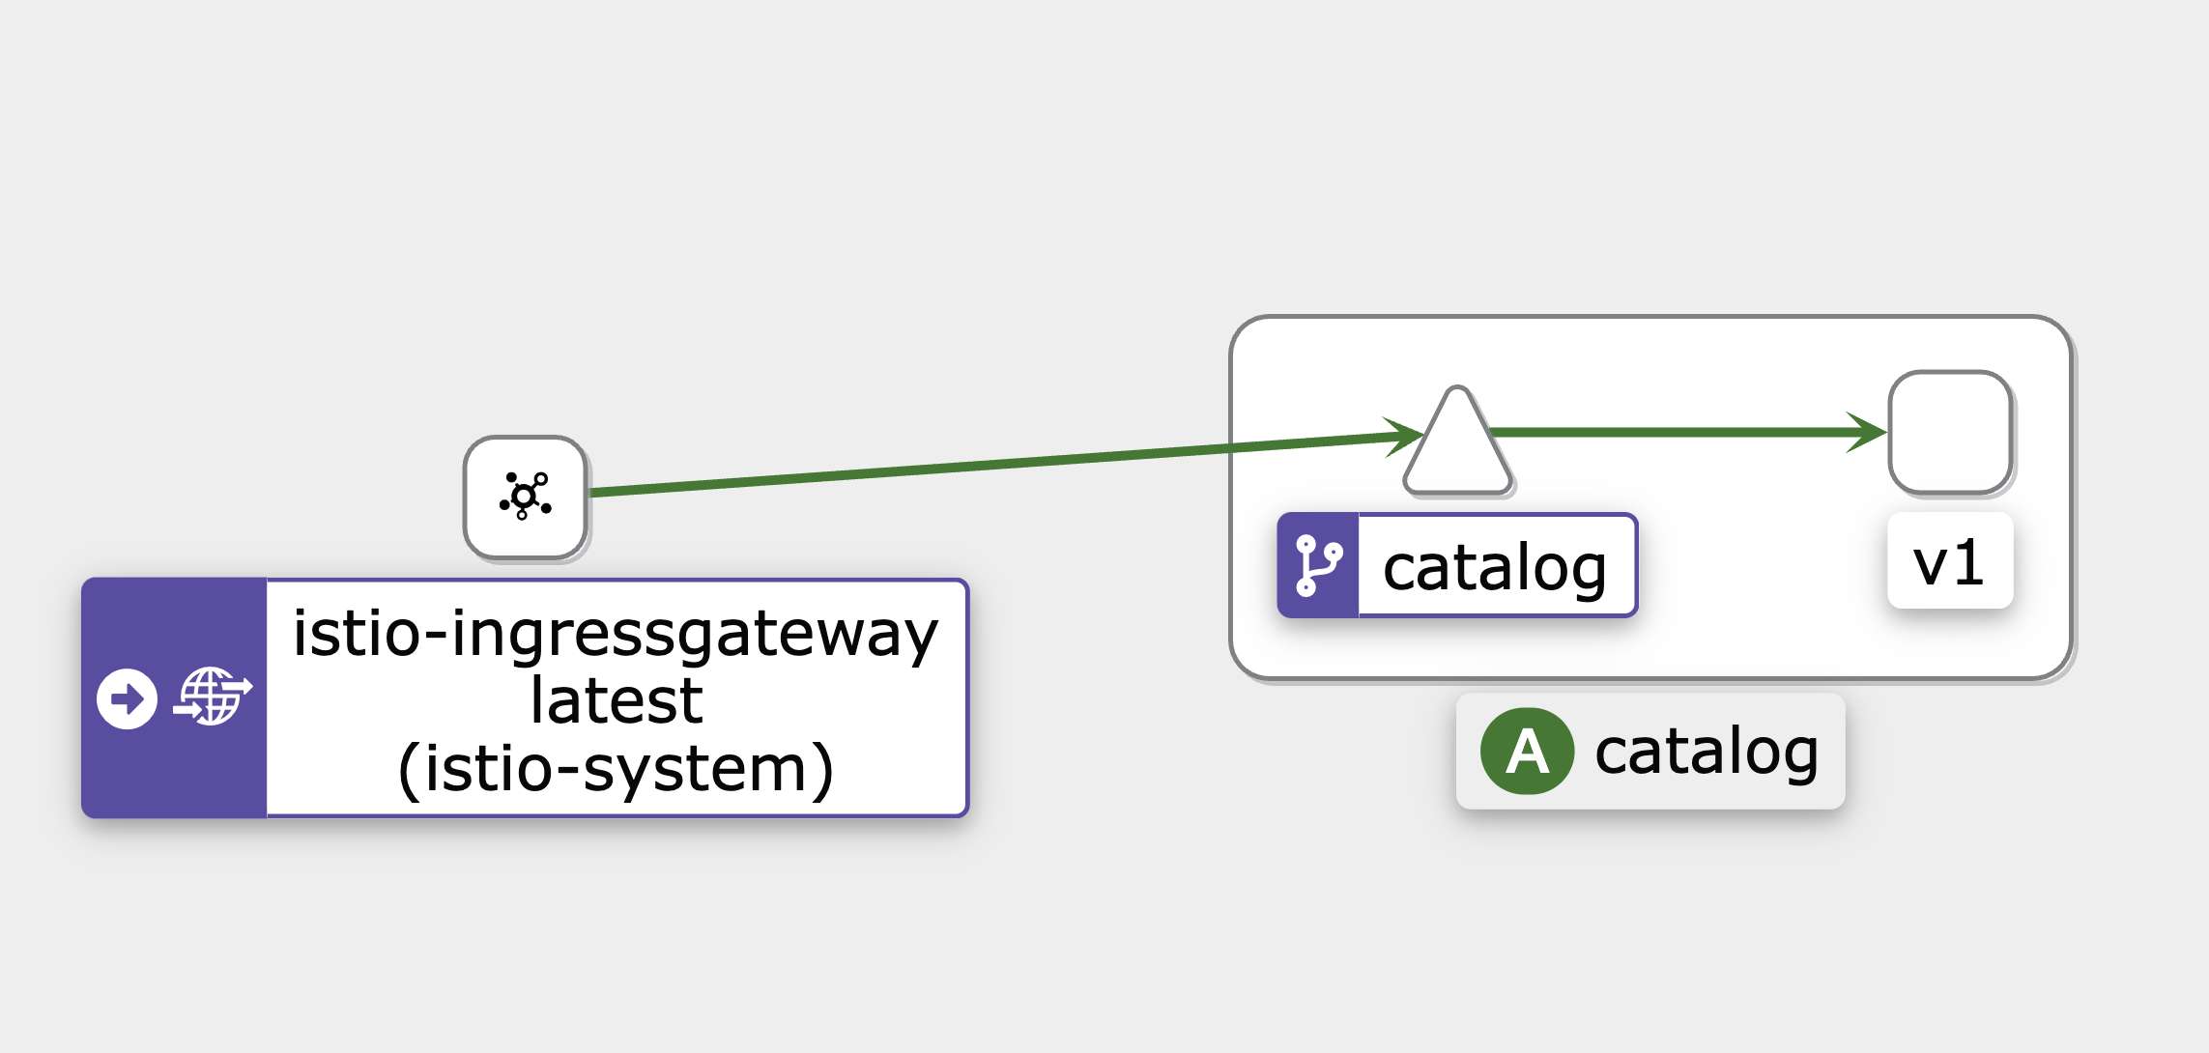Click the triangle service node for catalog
(1458, 444)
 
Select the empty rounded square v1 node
(1951, 433)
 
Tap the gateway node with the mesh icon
(526, 498)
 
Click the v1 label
(1950, 561)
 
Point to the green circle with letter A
(1527, 752)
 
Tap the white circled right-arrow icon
(127, 698)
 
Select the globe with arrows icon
(213, 697)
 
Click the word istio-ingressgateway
(616, 634)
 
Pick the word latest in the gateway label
(617, 699)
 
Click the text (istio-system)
(616, 769)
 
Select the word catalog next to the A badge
(1707, 752)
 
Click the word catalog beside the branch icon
(1495, 567)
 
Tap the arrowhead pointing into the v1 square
(1867, 433)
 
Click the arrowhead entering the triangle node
(1403, 437)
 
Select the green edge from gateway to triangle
(1006, 464)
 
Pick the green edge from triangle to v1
(1689, 433)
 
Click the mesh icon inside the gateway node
(526, 497)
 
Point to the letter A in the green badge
(1527, 752)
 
